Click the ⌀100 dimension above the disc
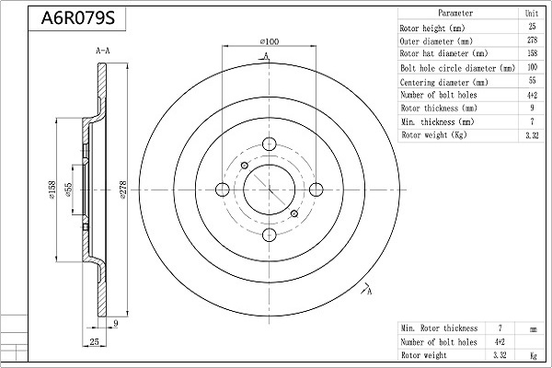coord(270,41)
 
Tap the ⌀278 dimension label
coord(123,190)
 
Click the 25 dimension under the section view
coord(95,341)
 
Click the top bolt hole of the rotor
coord(269,144)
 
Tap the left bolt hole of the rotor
coord(222,190)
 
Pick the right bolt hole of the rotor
coord(316,190)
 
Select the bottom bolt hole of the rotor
coord(269,236)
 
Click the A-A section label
coord(103,52)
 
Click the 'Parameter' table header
coord(455,14)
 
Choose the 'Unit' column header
coord(532,14)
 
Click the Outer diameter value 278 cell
coord(532,41)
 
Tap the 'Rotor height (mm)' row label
coord(433,28)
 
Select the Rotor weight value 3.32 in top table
coord(532,135)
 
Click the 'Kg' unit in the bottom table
coord(532,355)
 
